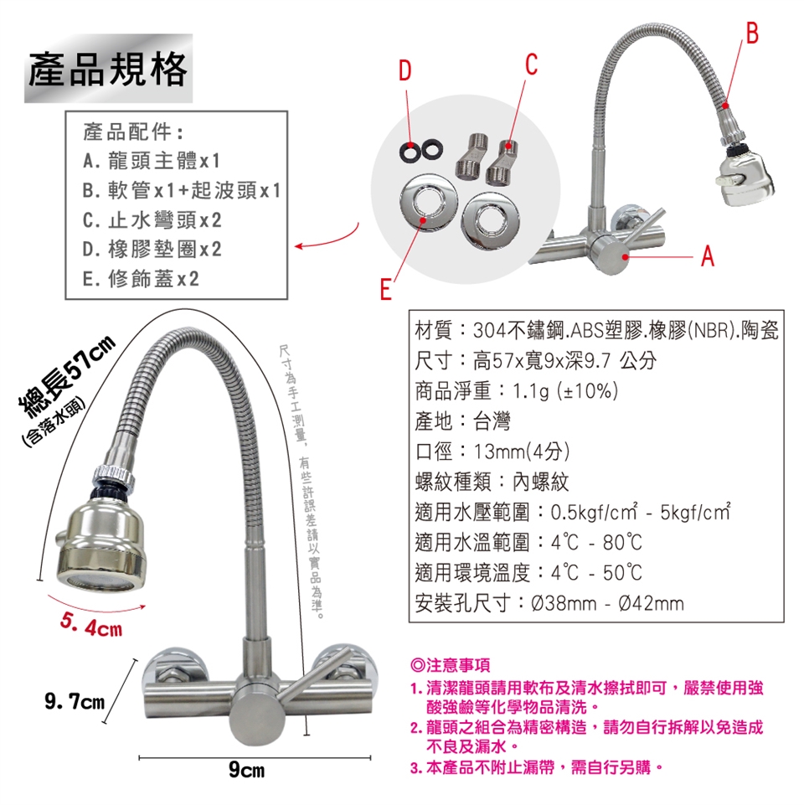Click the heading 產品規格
pos(108,69)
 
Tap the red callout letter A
pos(708,255)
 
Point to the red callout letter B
pos(751,33)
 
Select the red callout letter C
pos(531,65)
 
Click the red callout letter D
pos(405,70)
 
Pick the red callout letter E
pos(385,289)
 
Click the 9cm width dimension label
pos(247,770)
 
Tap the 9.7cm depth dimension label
pos(75,701)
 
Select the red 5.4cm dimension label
pos(91,625)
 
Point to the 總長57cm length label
pos(65,376)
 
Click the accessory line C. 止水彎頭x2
pos(152,220)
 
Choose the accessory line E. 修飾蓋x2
pos(141,279)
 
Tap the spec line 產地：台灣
pos(462,421)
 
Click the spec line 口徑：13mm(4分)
pos(492,452)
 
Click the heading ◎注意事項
pos(451,665)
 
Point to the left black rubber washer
pos(410,149)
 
